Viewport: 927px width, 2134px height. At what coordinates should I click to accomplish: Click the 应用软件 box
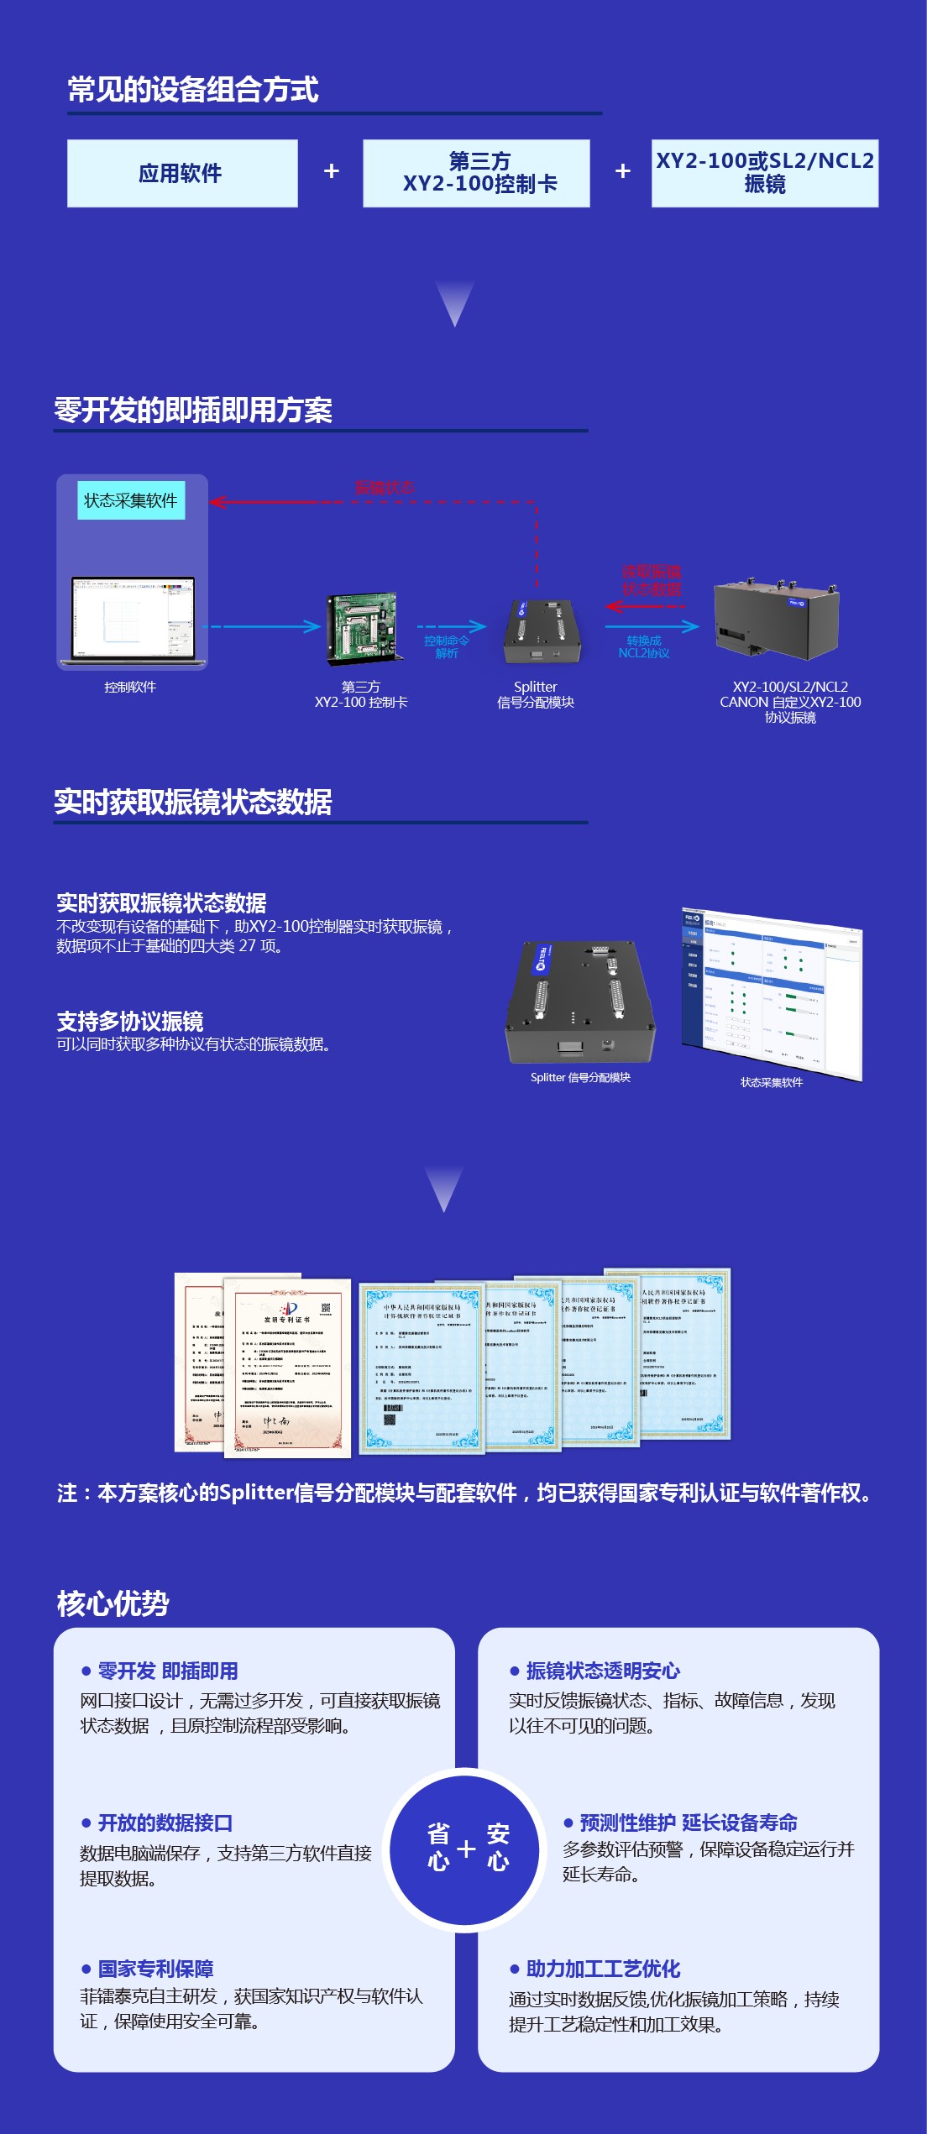click(x=182, y=174)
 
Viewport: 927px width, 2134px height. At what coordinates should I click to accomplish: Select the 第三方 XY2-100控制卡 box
click(x=476, y=174)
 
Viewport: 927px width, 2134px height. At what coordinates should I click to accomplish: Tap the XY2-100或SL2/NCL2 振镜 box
click(x=764, y=174)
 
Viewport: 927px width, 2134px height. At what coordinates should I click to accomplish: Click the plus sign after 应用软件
click(x=332, y=171)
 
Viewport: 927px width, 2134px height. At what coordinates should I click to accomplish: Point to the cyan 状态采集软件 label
click(x=131, y=500)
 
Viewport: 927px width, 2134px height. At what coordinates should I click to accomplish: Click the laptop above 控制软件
click(x=133, y=620)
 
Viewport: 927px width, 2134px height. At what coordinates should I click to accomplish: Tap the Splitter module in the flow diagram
click(x=541, y=632)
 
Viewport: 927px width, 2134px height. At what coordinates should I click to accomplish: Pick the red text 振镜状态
click(x=385, y=488)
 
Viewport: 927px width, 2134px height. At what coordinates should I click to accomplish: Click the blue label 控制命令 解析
click(x=446, y=646)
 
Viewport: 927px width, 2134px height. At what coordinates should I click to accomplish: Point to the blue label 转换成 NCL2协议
click(x=643, y=646)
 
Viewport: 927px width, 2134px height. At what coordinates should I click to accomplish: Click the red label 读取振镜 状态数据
click(x=652, y=581)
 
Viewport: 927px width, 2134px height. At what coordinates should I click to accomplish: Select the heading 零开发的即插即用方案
click(x=193, y=411)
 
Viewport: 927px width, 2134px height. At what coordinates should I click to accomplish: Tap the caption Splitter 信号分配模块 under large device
click(x=580, y=1077)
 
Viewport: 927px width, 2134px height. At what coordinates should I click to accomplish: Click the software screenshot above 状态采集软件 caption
click(x=771, y=992)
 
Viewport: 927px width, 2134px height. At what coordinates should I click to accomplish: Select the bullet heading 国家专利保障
click(x=155, y=1968)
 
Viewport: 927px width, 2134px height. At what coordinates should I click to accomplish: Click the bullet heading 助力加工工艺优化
click(x=602, y=1968)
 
